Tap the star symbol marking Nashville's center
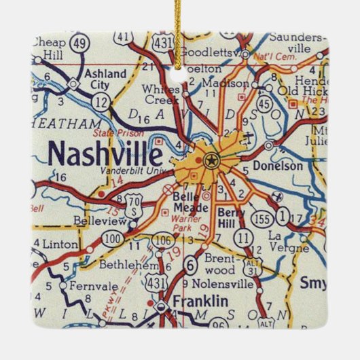pyautogui.click(x=211, y=161)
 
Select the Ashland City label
pyautogui.click(x=105, y=79)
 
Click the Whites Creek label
pyautogui.click(x=162, y=94)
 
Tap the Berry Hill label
pyautogui.click(x=231, y=217)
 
